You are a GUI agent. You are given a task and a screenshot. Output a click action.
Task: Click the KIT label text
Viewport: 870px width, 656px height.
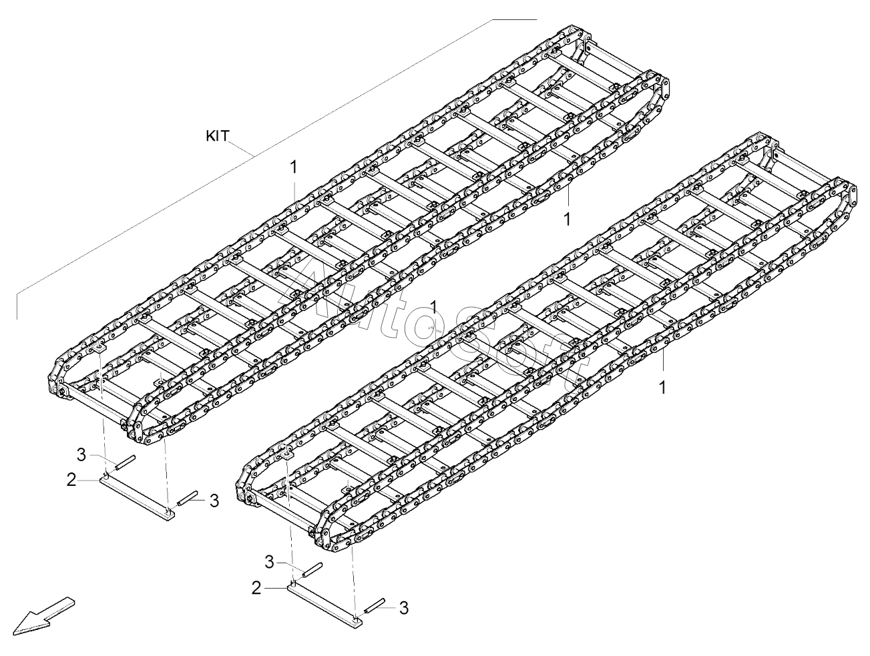tap(217, 135)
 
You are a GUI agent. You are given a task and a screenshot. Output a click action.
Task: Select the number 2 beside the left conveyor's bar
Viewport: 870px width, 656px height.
tap(71, 479)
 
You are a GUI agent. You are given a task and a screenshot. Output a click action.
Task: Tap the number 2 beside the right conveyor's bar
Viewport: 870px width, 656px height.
tap(256, 588)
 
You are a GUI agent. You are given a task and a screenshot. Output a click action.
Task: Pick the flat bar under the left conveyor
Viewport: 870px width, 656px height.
tap(138, 496)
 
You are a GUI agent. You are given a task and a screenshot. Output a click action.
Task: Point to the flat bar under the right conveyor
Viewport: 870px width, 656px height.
tap(326, 604)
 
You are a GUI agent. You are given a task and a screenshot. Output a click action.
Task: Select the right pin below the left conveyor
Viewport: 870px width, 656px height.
tap(186, 497)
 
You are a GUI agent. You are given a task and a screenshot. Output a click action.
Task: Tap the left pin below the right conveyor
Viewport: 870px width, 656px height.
tap(313, 570)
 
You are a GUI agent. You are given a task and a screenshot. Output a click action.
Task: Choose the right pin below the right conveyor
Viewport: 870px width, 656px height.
tap(376, 605)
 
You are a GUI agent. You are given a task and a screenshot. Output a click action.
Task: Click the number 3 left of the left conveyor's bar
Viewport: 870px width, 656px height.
tap(81, 455)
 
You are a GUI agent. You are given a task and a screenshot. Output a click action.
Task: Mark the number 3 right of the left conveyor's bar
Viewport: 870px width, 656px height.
tap(214, 501)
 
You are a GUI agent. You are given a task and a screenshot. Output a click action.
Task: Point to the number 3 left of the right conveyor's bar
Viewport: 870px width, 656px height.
tap(269, 563)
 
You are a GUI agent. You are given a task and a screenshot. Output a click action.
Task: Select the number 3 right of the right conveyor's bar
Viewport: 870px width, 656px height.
tap(403, 608)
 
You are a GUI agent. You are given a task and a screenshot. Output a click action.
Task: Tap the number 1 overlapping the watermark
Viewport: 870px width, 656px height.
tap(434, 307)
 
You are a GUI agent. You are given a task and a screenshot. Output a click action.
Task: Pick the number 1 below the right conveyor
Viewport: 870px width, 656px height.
tap(662, 387)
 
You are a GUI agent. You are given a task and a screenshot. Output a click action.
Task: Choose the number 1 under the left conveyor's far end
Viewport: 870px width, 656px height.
tap(567, 218)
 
